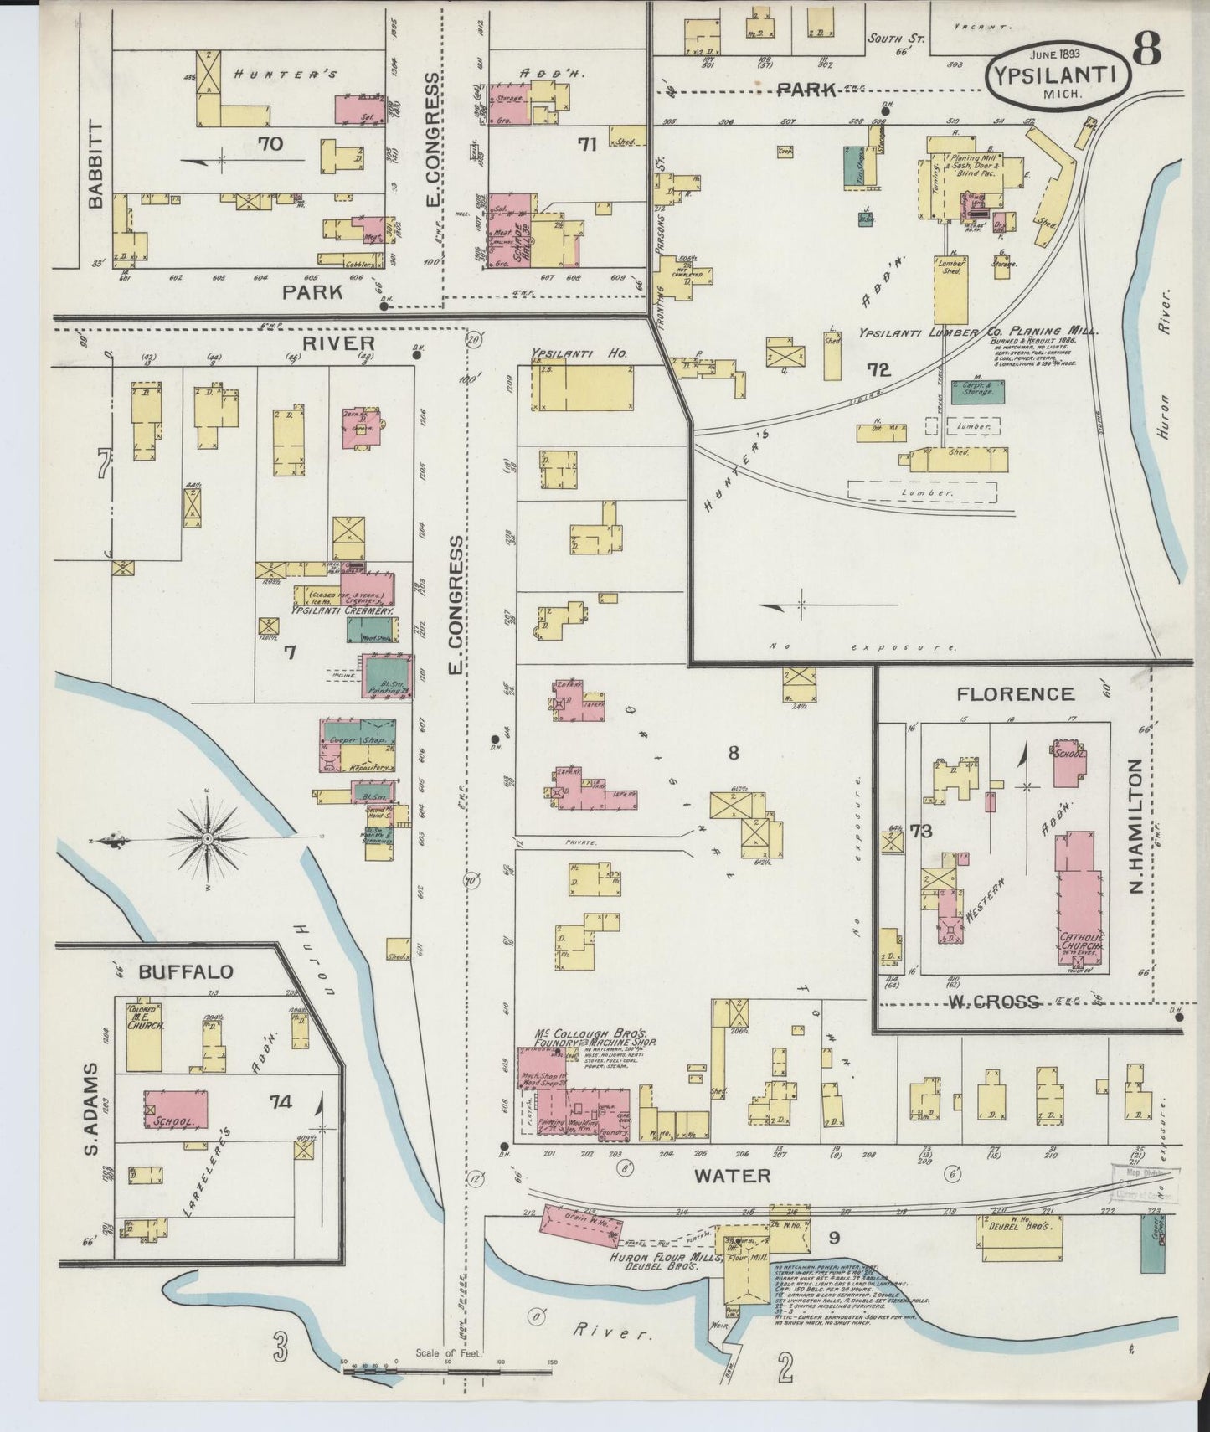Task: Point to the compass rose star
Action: click(207, 838)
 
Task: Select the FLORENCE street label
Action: click(1015, 693)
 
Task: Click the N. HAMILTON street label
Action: click(1136, 825)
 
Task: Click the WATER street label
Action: click(733, 1175)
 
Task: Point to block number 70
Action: click(270, 144)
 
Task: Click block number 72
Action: click(878, 370)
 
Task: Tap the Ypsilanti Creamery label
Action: click(342, 611)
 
